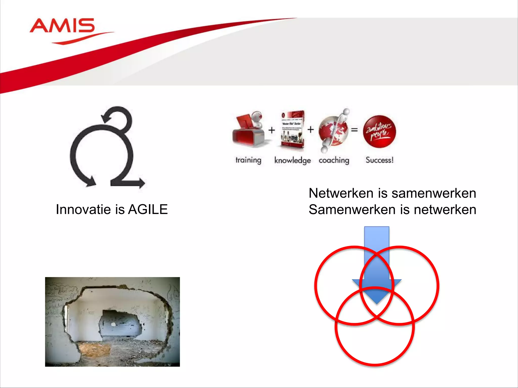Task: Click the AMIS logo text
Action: tap(62, 26)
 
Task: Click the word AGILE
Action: tap(148, 209)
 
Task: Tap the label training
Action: tap(248, 160)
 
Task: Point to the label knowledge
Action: tap(292, 160)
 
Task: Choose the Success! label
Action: tap(379, 160)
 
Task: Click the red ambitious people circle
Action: tap(379, 131)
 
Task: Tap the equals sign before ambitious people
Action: tap(354, 130)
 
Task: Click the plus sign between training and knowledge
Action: tap(272, 130)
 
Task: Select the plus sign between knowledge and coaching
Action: tap(311, 130)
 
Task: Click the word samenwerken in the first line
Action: tap(434, 193)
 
